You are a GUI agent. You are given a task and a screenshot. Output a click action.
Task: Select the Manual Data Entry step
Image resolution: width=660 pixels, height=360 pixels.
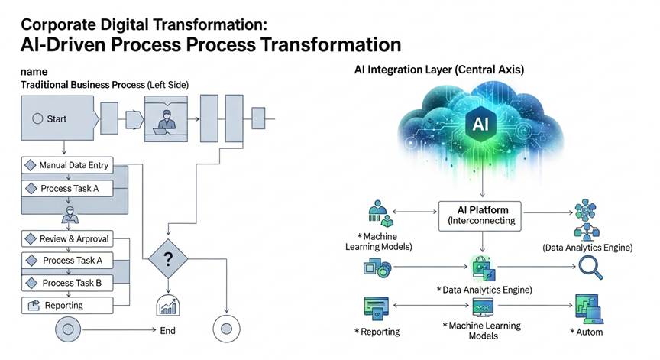(x=73, y=165)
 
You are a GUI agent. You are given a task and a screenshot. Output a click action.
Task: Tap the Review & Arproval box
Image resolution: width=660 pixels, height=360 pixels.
(x=73, y=239)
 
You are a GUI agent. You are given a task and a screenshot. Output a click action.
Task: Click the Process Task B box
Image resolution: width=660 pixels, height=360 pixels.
(x=73, y=283)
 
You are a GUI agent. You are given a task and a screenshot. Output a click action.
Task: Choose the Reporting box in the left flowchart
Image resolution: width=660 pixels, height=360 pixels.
(x=73, y=305)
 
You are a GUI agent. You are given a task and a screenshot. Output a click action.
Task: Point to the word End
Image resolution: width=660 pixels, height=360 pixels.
(x=168, y=331)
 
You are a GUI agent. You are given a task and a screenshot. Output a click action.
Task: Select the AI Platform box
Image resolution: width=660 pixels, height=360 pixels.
(x=480, y=214)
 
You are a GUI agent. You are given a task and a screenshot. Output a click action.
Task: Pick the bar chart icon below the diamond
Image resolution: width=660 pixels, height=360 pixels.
(x=167, y=305)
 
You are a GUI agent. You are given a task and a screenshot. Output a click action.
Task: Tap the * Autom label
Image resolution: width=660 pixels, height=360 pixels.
(x=586, y=331)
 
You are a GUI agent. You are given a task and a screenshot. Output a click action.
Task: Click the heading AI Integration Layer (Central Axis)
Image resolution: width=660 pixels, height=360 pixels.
(x=439, y=70)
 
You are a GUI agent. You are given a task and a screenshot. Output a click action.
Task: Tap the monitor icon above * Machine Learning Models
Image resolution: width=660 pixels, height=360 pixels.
(x=481, y=308)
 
